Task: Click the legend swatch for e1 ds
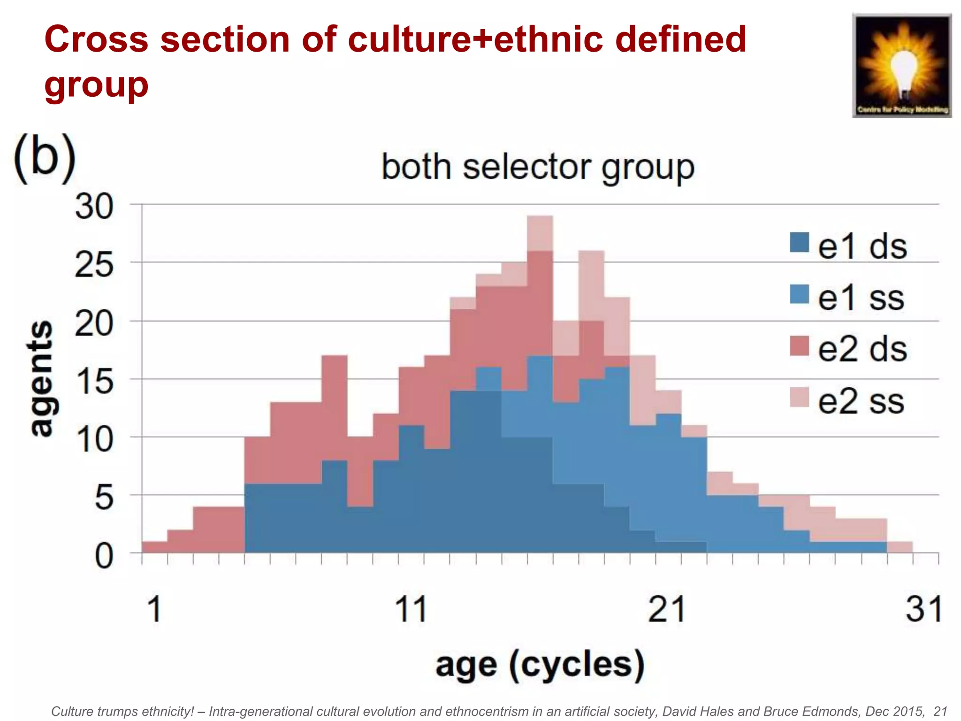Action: pos(799,243)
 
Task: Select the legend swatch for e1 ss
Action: pos(799,294)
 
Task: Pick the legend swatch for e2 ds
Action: pos(799,346)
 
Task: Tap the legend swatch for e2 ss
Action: pos(799,397)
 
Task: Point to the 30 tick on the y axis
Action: pos(94,207)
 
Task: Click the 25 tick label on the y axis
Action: pos(94,265)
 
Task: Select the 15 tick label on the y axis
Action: pos(94,381)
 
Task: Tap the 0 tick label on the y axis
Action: pos(104,557)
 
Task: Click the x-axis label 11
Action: pos(411,609)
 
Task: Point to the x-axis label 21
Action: pos(666,609)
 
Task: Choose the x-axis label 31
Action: pos(923,609)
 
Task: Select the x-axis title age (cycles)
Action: pos(540,665)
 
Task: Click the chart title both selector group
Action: pos(538,167)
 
